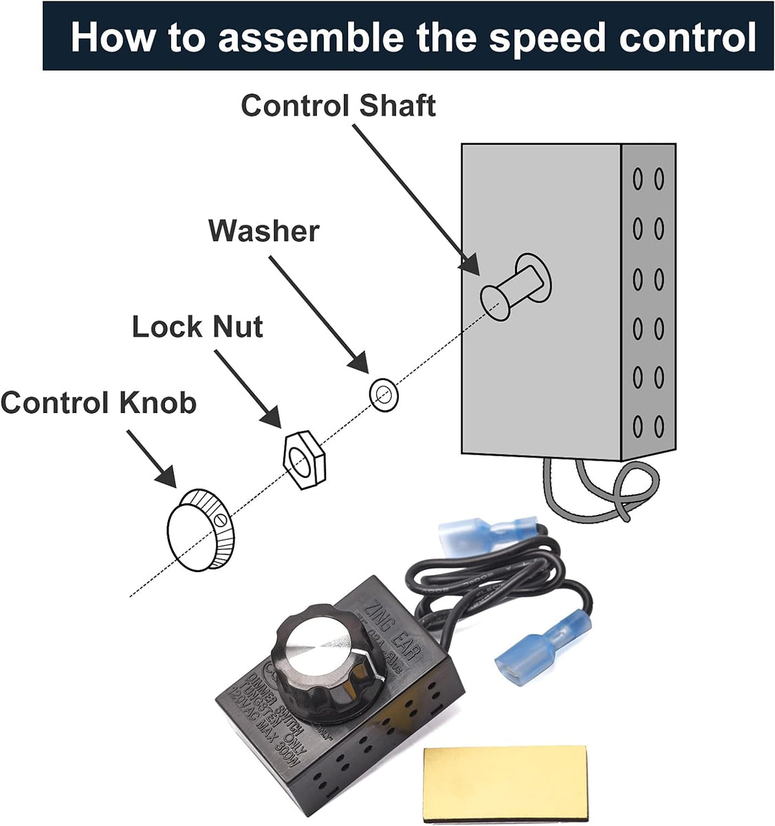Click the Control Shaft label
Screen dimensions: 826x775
[338, 107]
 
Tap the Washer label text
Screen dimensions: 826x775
[263, 231]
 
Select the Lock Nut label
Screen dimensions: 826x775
[197, 326]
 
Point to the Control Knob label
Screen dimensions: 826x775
[98, 403]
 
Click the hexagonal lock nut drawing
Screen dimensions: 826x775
[300, 460]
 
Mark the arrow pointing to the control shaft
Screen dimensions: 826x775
[415, 199]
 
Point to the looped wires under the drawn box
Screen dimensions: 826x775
[598, 491]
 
